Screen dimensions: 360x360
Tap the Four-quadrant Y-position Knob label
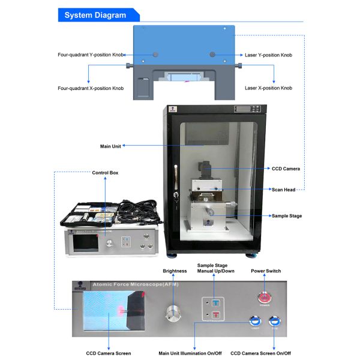91,55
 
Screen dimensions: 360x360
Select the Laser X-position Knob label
268,88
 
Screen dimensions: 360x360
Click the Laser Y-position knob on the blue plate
212,55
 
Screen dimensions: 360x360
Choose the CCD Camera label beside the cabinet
286,169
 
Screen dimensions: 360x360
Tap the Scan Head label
284,190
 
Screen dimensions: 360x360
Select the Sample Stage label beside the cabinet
287,215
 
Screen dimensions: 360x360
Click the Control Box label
105,173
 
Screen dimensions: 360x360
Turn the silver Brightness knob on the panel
174,313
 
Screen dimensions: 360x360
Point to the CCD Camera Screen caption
109,353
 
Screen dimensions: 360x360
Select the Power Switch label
266,271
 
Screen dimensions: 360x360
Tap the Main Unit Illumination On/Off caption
190,353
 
